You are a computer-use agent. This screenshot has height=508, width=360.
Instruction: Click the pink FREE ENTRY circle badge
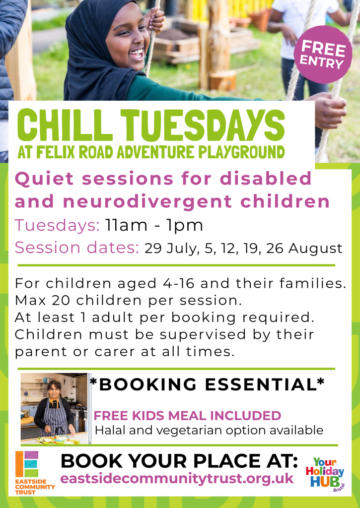tap(323, 55)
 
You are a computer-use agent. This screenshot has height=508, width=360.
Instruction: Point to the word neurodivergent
tap(147, 201)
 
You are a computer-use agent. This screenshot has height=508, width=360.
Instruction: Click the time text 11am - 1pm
tap(154, 225)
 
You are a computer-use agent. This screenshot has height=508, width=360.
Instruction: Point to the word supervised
tap(203, 334)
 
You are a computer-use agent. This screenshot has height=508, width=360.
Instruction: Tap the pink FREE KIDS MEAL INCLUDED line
tap(187, 415)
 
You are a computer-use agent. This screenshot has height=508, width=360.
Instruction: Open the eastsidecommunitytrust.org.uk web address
tap(177, 479)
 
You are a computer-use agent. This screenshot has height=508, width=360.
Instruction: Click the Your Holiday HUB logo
tap(325, 474)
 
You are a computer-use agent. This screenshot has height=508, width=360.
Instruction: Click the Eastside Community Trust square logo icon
tap(27, 464)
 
